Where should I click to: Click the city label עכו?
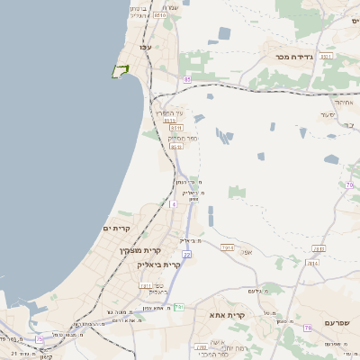143,46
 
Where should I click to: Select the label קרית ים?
118,229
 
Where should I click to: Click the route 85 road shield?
187,80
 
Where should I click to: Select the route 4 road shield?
172,204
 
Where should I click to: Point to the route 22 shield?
187,255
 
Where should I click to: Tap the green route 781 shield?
179,307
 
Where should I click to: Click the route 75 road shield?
40,339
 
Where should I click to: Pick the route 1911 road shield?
145,286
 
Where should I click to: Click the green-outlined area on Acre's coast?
119,71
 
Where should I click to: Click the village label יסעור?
327,115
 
